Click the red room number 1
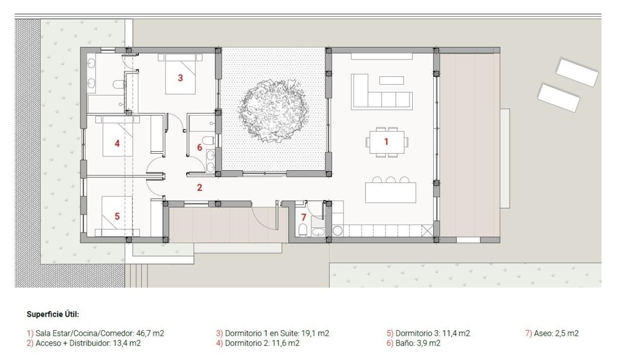385,140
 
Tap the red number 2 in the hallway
199,188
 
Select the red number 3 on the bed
180,78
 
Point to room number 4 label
117,143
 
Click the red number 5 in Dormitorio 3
117,216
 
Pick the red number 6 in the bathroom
200,147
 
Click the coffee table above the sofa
392,80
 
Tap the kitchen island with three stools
390,192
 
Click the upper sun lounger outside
577,72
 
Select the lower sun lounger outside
559,97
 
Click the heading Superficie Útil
53,314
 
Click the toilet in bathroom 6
208,140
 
